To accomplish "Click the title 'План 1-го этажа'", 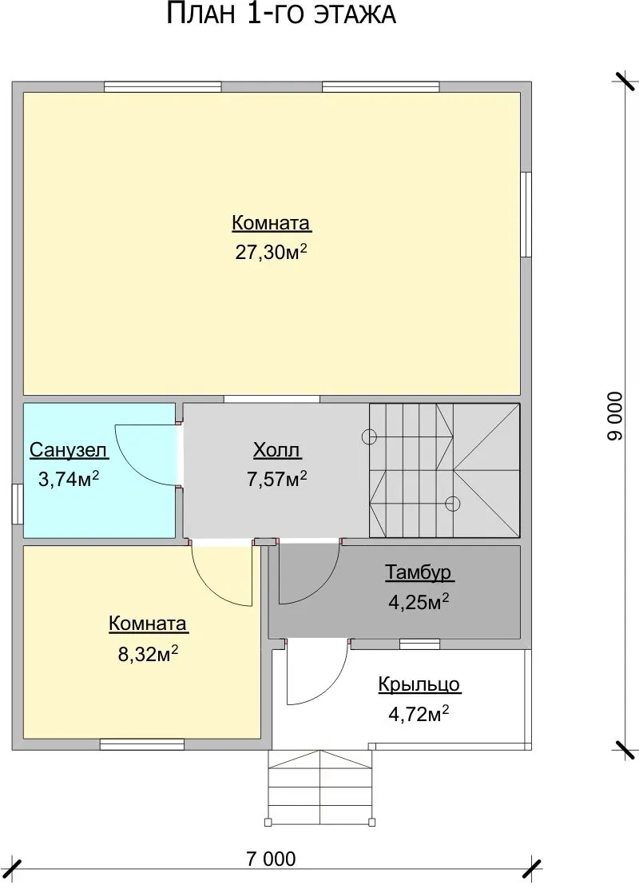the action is tap(281, 14).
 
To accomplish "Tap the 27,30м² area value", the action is tap(272, 252).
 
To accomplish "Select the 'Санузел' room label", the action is tap(68, 450).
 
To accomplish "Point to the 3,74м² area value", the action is tap(69, 479).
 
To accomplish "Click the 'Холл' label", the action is tap(277, 450).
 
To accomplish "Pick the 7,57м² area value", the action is tap(277, 479).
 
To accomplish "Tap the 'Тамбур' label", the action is tap(419, 572).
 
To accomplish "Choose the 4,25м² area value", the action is tap(419, 601).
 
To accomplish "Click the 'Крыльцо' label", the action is tap(419, 685).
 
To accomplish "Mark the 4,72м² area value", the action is tap(419, 714).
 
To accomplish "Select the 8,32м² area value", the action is tap(148, 654).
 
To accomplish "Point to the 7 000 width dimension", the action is tap(271, 859).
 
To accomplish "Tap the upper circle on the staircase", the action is tap(369, 437).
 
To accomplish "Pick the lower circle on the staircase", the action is tap(452, 504).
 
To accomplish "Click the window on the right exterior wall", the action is tap(526, 214).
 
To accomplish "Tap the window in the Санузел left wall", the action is tap(18, 504).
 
